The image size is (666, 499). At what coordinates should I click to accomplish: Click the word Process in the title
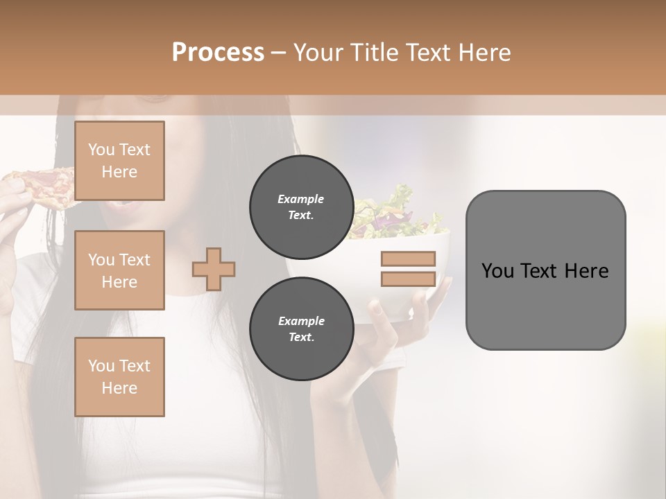(x=218, y=53)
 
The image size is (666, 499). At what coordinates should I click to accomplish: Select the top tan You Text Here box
(x=119, y=161)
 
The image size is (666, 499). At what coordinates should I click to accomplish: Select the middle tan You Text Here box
(x=119, y=270)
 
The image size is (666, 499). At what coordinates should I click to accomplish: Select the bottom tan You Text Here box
(x=119, y=376)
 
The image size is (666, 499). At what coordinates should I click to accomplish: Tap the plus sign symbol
(x=214, y=269)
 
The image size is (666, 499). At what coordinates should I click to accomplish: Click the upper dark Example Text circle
(x=301, y=207)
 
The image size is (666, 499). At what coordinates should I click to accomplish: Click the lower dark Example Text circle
(x=301, y=329)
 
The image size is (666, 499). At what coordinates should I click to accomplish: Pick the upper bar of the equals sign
(x=408, y=259)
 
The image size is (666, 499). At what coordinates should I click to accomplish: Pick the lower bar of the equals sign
(x=408, y=279)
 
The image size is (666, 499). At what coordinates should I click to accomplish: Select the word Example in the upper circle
(x=301, y=199)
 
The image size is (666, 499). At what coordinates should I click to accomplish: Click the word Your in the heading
(x=319, y=53)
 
